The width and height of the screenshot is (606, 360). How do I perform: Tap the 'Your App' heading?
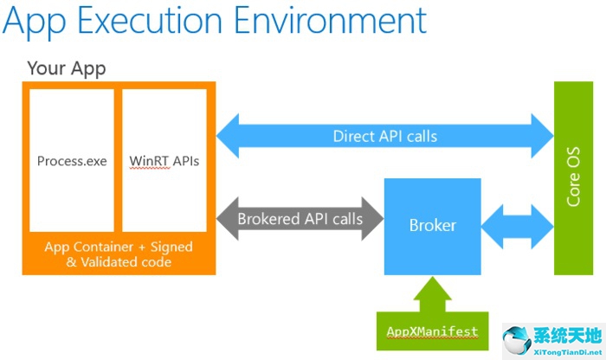point(67,68)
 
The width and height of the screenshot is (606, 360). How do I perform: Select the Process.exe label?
point(72,161)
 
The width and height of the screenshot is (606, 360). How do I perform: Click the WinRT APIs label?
point(164,161)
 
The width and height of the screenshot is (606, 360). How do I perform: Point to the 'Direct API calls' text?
point(385,137)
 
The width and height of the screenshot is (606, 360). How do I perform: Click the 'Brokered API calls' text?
point(300,219)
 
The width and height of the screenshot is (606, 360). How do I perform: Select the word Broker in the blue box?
point(433,226)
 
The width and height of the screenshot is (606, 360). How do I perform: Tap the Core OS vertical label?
point(573,177)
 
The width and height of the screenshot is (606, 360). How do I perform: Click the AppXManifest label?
point(433,331)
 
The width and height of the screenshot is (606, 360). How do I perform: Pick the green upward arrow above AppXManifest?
point(433,294)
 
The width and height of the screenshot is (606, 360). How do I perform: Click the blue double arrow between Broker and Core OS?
point(518,227)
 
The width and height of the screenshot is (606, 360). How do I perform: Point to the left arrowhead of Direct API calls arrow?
point(227,136)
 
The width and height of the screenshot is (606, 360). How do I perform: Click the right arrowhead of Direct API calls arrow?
point(543,136)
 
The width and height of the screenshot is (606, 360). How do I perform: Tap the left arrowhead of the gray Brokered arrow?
point(227,219)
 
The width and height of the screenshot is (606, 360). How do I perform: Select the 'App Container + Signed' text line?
point(119,247)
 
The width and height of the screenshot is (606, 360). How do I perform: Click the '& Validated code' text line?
point(119,262)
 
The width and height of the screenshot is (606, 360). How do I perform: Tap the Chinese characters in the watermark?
point(568,335)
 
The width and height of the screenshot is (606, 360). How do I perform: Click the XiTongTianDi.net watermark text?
point(568,352)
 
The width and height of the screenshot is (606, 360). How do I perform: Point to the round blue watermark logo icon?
point(517,340)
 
